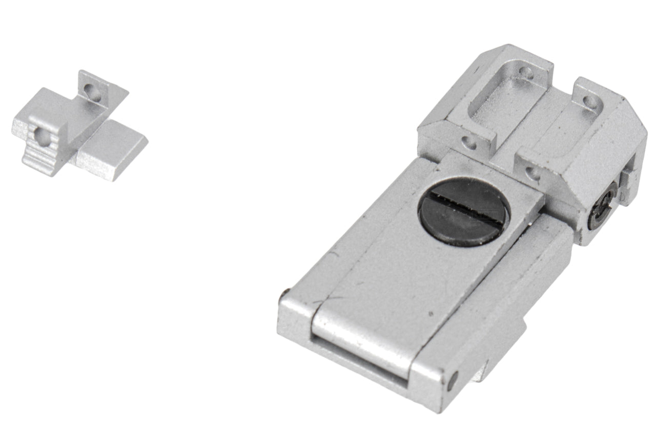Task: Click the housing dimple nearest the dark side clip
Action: coord(534,172)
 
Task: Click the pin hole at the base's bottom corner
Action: coord(452,380)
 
